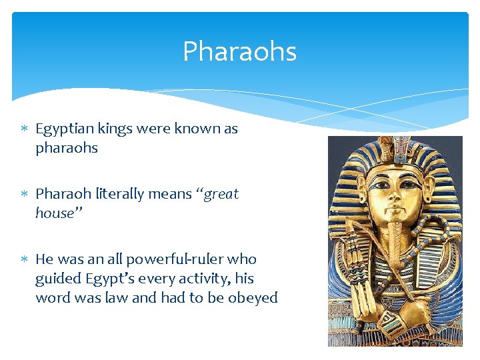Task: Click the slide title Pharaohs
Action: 239,52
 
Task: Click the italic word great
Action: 220,195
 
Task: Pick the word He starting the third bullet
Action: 44,259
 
